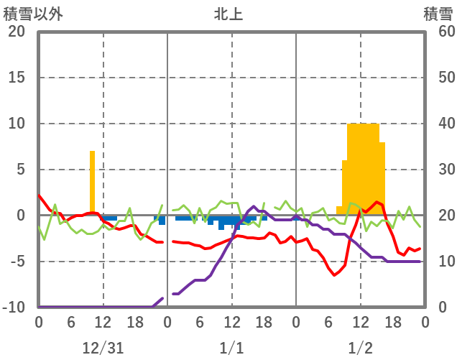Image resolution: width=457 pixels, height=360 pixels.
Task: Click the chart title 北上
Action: pyautogui.click(x=228, y=14)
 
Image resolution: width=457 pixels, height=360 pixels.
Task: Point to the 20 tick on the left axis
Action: pyautogui.click(x=17, y=32)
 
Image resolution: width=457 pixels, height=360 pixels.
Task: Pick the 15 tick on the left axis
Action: pyautogui.click(x=17, y=78)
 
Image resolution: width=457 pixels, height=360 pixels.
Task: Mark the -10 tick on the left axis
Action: pyautogui.click(x=14, y=308)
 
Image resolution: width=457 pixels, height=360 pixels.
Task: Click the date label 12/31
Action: pyautogui.click(x=103, y=348)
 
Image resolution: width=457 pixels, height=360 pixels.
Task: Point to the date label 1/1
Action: pyautogui.click(x=231, y=348)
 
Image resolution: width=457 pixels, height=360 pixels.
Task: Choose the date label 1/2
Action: pyautogui.click(x=360, y=348)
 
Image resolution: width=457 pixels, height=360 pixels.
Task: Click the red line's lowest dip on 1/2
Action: pyautogui.click(x=334, y=275)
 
